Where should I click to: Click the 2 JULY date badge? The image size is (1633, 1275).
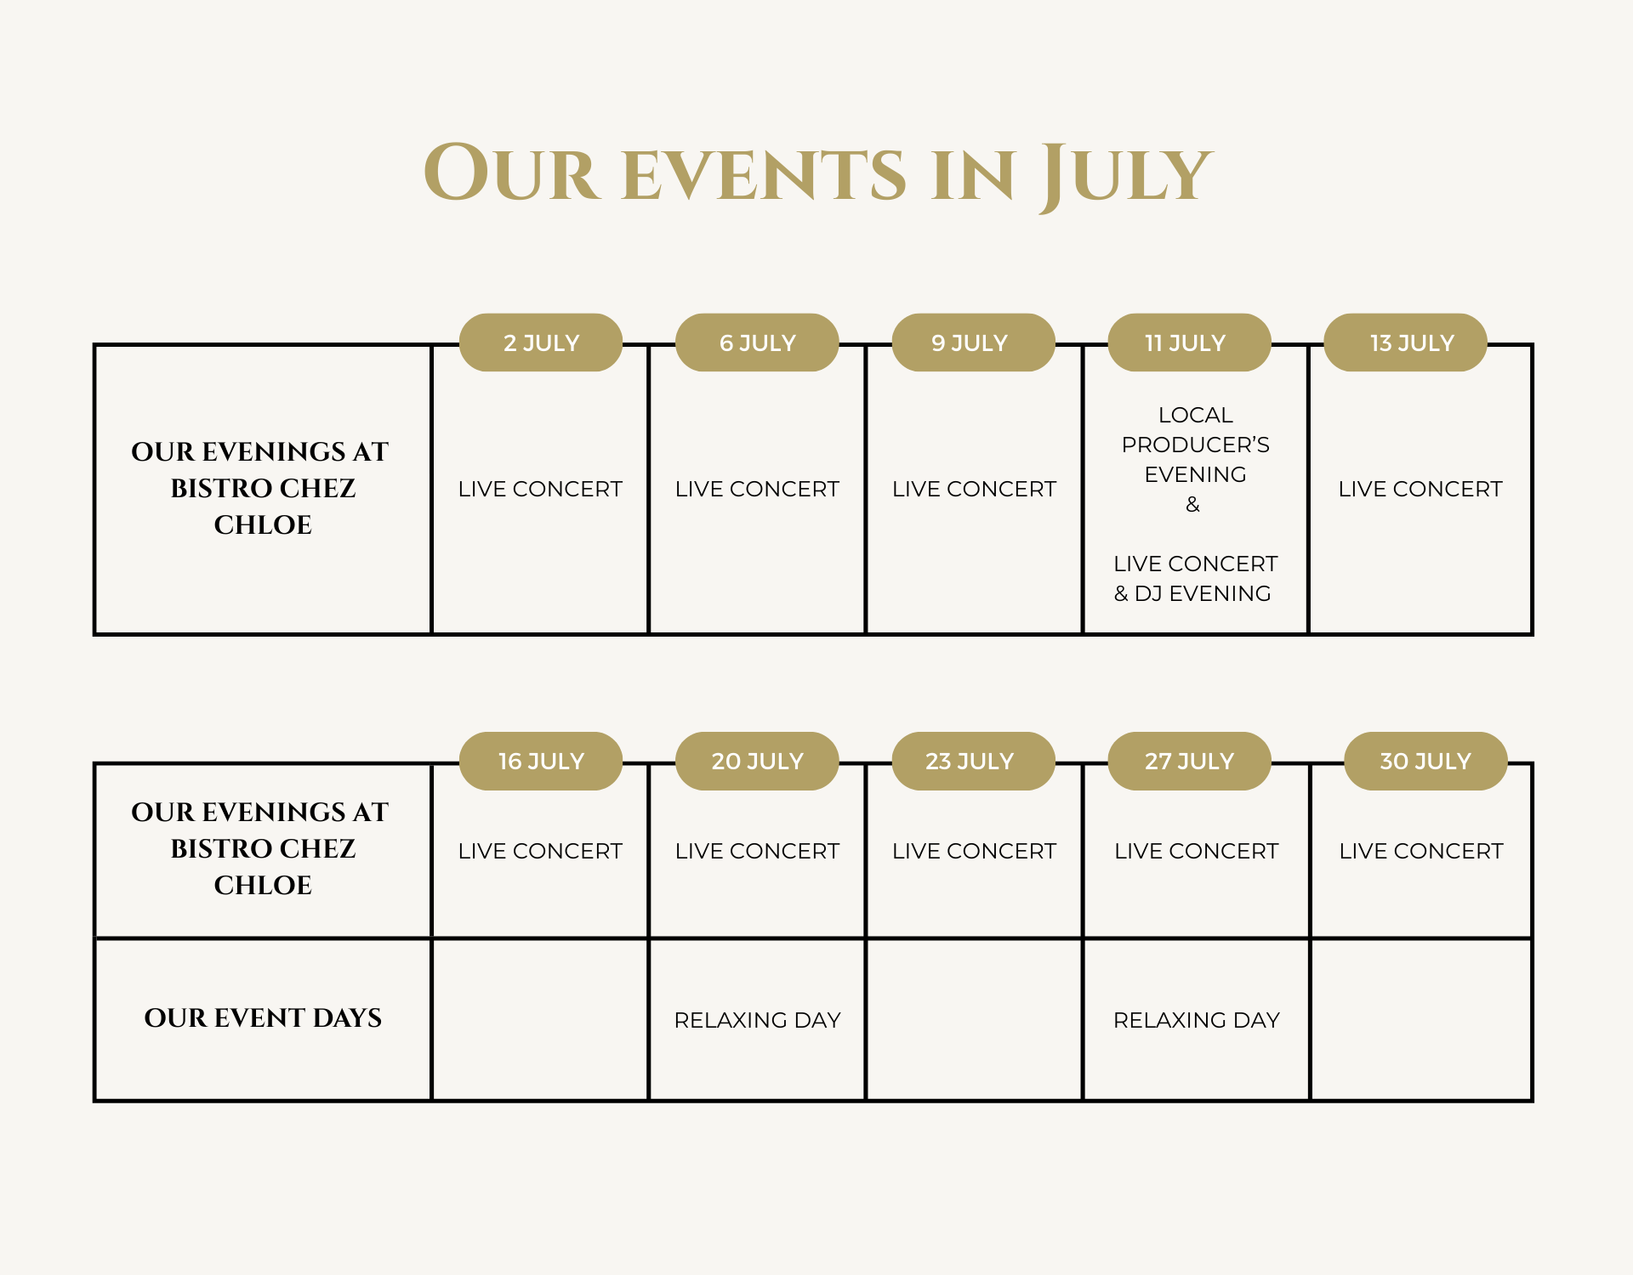541,343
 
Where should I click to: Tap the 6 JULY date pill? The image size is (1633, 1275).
757,343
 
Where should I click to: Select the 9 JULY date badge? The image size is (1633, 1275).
973,343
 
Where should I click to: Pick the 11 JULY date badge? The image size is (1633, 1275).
1189,343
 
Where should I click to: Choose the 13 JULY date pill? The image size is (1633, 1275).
1405,343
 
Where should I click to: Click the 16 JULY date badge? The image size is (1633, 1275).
541,761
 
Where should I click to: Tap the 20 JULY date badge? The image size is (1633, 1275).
757,761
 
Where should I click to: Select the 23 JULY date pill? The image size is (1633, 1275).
973,761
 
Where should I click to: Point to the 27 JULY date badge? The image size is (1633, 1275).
1189,761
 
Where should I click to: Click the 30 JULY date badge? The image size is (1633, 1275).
1425,761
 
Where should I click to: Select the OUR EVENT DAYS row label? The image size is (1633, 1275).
263,1017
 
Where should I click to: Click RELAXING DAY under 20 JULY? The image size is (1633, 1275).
757,1020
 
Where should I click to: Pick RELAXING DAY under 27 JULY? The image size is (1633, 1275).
1197,1020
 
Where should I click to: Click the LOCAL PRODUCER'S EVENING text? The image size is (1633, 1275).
1195,445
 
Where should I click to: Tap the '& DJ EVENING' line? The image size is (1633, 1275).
1192,593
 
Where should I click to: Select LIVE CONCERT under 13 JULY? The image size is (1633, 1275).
1420,489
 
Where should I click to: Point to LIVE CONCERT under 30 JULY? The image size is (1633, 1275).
1421,851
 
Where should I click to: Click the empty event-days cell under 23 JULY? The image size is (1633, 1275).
974,1019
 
